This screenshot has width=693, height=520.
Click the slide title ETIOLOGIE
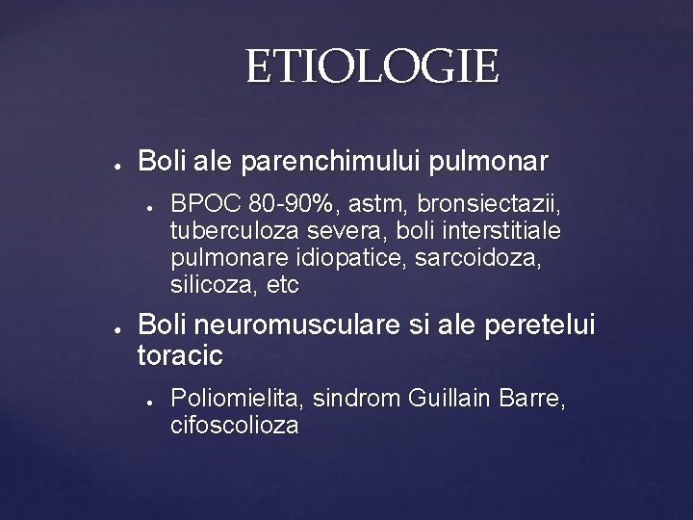372,68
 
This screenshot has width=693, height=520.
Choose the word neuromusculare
289,325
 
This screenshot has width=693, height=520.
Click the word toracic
181,355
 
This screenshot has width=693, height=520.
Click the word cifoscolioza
234,426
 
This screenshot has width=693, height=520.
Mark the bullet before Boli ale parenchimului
115,161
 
